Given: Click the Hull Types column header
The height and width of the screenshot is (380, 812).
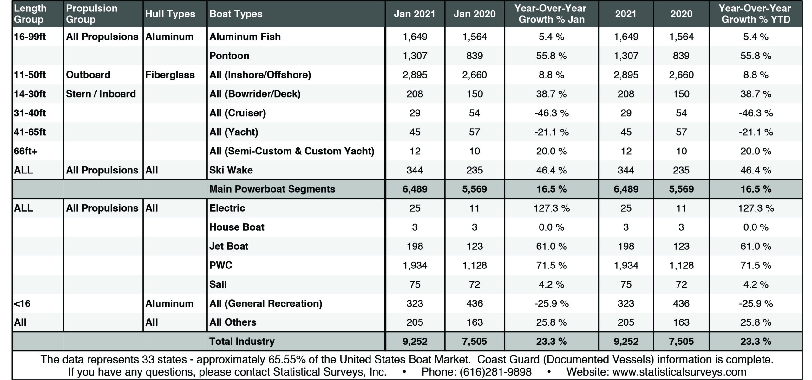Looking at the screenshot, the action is (x=170, y=14).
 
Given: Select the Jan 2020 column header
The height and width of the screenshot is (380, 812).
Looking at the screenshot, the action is (x=475, y=14).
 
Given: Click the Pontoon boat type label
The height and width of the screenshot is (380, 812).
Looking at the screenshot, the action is (x=229, y=56).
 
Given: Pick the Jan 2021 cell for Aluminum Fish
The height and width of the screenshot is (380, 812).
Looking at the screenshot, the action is (x=415, y=37).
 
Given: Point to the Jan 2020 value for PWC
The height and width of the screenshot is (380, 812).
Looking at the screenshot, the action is (x=475, y=265).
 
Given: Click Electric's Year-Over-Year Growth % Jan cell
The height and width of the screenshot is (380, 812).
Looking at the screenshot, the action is (x=552, y=208).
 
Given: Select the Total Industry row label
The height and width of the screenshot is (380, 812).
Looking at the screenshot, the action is (x=242, y=341).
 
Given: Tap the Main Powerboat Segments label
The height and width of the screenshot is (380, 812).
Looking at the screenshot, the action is (x=272, y=189).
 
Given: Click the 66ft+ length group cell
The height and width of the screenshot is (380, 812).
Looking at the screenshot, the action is (x=25, y=151).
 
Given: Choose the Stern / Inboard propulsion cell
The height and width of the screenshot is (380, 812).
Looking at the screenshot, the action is (x=101, y=94).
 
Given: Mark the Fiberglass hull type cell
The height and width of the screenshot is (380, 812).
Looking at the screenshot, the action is (x=170, y=75).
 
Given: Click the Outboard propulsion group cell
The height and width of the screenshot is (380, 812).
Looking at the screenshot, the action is (x=88, y=75).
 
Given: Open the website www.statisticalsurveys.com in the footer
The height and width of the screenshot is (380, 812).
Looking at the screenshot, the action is (x=679, y=372).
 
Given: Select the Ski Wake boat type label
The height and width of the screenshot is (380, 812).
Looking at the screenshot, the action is (x=231, y=170).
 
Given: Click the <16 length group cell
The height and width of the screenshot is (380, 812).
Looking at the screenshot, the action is (x=22, y=303).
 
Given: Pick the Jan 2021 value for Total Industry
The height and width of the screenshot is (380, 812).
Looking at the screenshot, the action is (x=415, y=342).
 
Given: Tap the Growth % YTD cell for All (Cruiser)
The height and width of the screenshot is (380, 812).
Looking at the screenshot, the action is (x=756, y=113).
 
